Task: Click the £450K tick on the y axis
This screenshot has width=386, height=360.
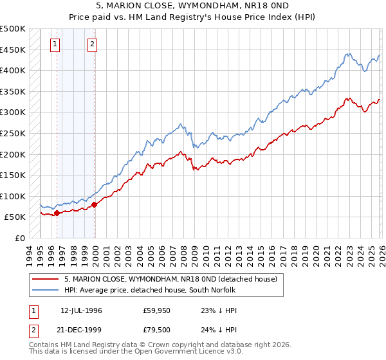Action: point(13,50)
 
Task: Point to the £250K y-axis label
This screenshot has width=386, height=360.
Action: point(13,133)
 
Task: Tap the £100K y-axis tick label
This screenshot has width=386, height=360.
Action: point(13,196)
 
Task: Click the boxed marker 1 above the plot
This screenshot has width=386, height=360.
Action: point(55,44)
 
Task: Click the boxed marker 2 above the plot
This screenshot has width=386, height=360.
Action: point(93,44)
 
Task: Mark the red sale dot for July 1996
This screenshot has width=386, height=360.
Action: point(57,213)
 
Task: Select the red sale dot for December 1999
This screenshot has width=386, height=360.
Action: point(94,204)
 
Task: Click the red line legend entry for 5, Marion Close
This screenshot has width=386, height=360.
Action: point(170,279)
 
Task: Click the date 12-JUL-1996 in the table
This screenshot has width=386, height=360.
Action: point(82,310)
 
